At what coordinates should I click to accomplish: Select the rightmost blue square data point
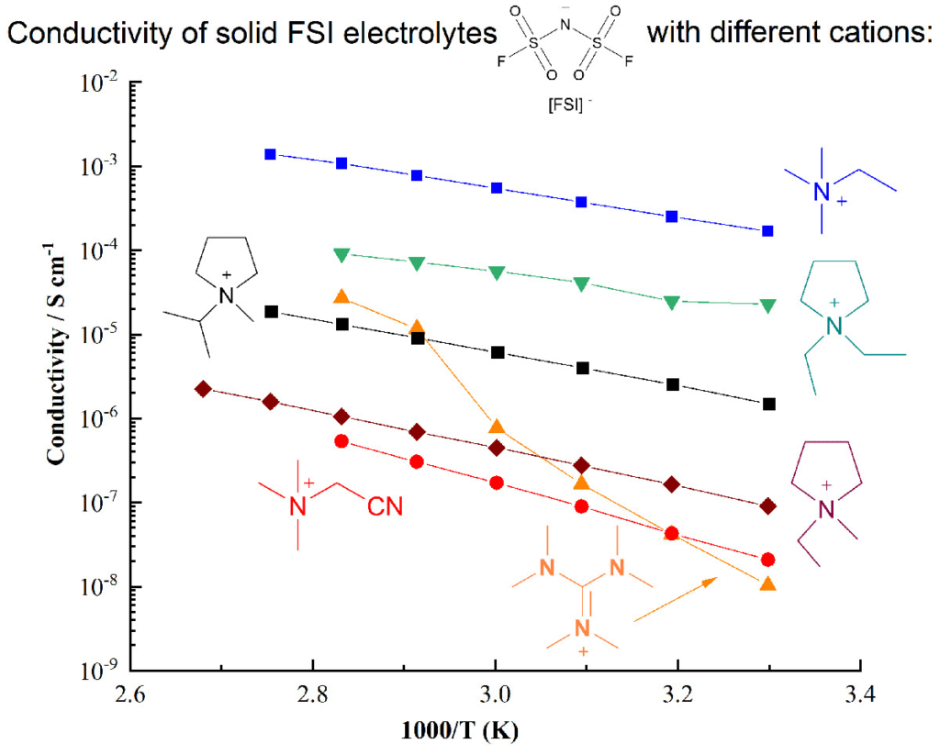(767, 231)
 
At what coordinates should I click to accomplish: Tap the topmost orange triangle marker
(341, 296)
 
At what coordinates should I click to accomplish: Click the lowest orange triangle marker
(768, 584)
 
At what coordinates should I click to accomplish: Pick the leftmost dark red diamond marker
(204, 389)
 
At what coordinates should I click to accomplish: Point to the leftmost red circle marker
(341, 441)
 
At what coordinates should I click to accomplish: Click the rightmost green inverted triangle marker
(767, 305)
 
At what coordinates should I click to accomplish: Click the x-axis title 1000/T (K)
(496, 734)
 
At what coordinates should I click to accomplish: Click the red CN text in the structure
(385, 506)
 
